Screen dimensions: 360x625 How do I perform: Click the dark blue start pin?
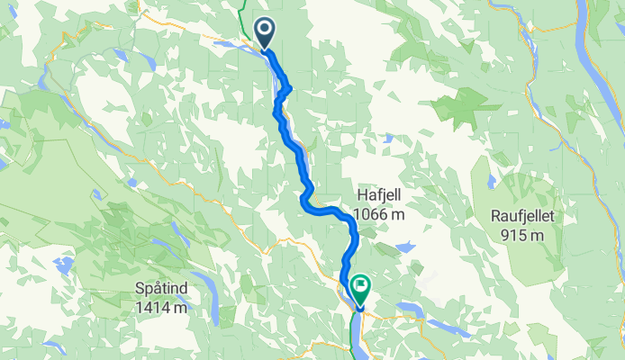(x=266, y=32)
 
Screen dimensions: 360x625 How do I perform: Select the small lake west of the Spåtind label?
(x=62, y=265)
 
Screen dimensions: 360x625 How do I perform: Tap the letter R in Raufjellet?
(x=496, y=216)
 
